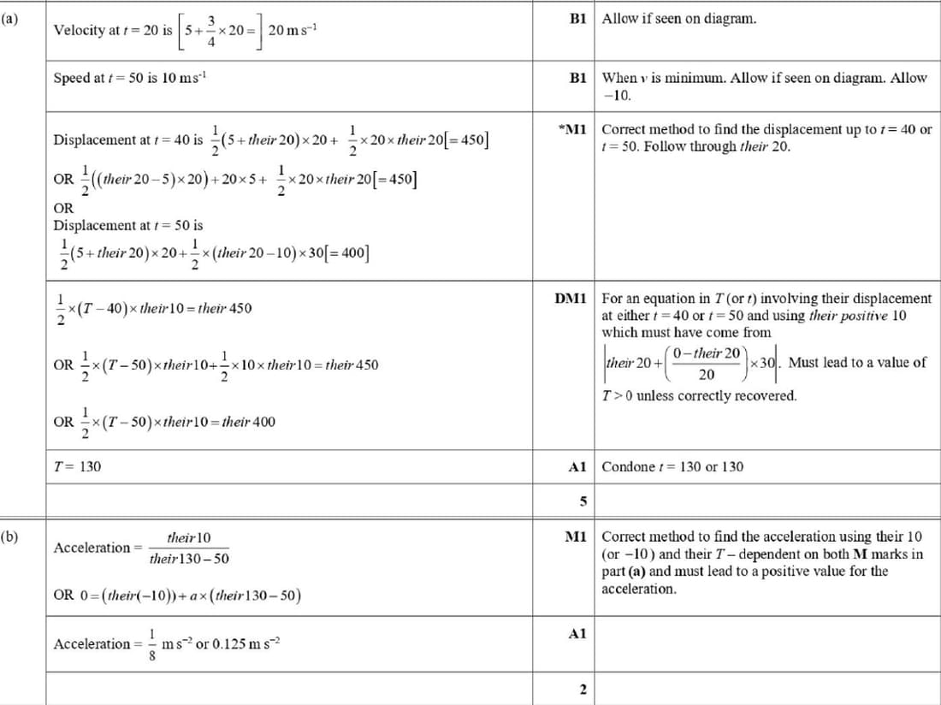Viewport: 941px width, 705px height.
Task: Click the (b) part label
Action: (11, 537)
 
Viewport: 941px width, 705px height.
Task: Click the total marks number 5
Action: (582, 501)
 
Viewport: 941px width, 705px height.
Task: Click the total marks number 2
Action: (582, 690)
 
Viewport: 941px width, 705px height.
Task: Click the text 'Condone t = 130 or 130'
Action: (672, 467)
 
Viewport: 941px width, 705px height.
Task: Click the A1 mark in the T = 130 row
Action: (577, 467)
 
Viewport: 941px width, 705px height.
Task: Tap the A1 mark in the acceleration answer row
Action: (577, 634)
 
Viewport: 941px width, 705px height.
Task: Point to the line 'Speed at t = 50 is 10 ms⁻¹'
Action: (129, 79)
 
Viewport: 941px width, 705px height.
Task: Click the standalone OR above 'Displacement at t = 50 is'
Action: (63, 208)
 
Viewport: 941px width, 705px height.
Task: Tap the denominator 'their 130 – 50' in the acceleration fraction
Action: (188, 559)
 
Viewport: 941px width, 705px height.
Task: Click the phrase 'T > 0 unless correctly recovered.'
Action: (699, 396)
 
